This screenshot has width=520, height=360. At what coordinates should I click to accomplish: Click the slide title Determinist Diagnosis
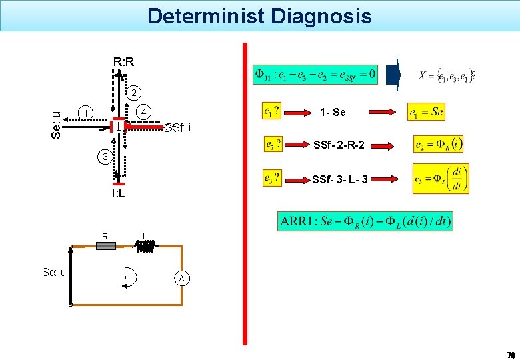point(259,15)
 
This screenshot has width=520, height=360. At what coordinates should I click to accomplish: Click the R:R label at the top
point(123,63)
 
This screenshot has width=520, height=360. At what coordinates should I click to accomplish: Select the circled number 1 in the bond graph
point(85,112)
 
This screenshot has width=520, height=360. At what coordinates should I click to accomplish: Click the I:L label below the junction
point(119,194)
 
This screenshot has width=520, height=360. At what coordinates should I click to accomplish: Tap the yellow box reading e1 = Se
point(426,112)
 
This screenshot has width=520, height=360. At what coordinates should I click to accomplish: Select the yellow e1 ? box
point(272,112)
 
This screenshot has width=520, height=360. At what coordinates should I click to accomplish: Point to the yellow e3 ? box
point(273,179)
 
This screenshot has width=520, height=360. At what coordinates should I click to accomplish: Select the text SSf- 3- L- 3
point(340,179)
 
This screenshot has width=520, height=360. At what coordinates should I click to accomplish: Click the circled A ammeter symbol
point(181,278)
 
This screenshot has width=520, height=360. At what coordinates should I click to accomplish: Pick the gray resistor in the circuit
point(106,246)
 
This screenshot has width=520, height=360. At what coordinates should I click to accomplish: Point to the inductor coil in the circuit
point(146,247)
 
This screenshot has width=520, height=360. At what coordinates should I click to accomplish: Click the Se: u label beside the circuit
point(53,272)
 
